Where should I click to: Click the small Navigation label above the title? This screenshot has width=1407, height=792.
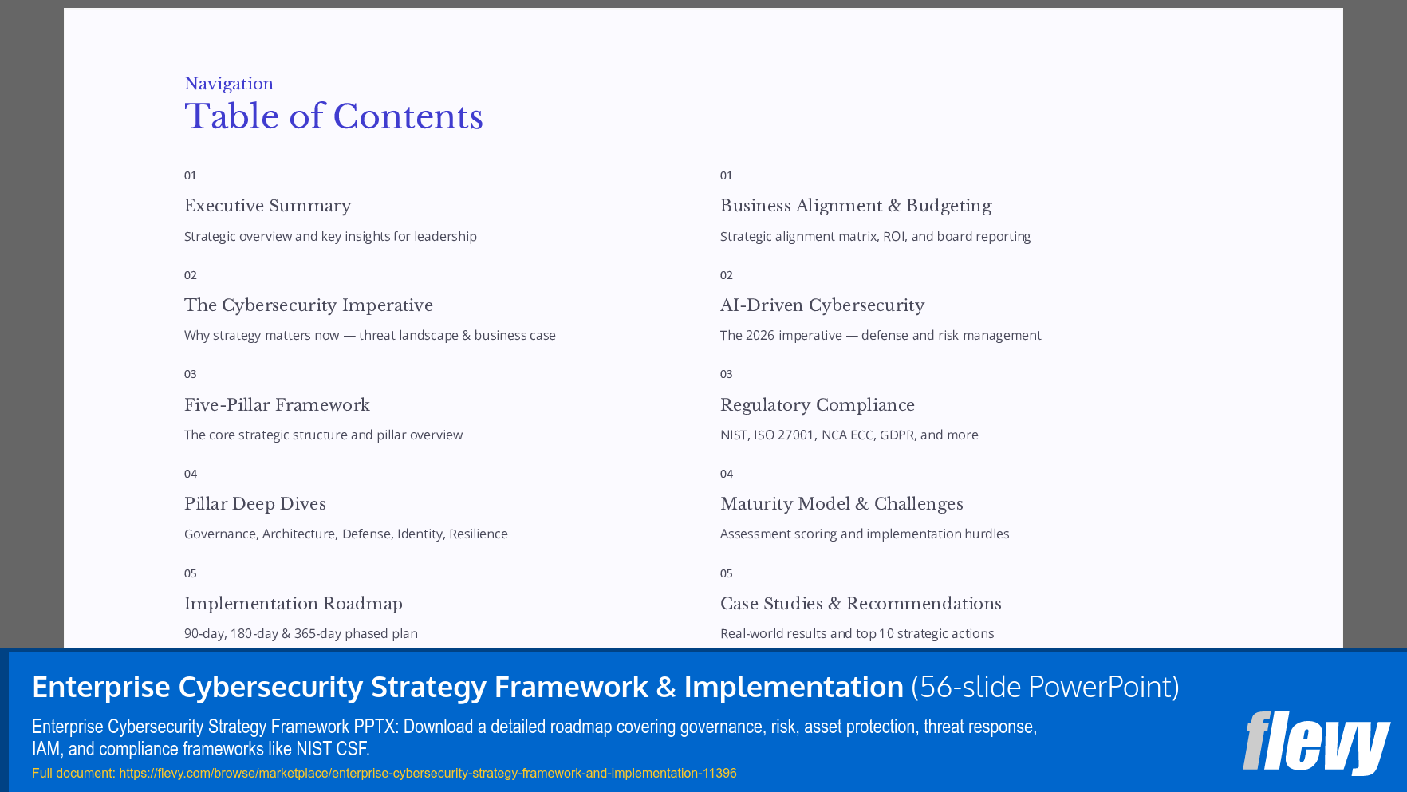[x=229, y=84]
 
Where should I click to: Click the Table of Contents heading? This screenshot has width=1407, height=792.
[x=333, y=117]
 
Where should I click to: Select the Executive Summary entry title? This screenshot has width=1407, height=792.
[x=267, y=206]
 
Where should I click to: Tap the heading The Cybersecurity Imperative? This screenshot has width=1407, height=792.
[x=308, y=305]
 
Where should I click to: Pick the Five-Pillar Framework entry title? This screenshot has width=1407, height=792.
[x=277, y=405]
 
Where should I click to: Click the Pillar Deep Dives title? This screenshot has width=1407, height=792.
[x=254, y=504]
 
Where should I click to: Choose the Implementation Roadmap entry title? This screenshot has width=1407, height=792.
[x=293, y=604]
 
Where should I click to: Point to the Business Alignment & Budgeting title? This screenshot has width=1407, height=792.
[x=855, y=206]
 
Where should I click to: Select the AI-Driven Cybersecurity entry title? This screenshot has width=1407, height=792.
[x=822, y=305]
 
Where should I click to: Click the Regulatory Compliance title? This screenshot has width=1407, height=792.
[x=817, y=405]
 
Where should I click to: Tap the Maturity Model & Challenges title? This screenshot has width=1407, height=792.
[x=841, y=504]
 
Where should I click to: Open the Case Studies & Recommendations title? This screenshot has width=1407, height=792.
[x=860, y=604]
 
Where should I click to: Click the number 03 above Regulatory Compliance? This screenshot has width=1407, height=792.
[x=726, y=374]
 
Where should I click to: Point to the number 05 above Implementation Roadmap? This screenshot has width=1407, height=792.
[x=190, y=573]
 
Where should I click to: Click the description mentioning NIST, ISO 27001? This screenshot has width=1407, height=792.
[x=849, y=435]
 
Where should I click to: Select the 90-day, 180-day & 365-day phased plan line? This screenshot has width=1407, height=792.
[x=301, y=633]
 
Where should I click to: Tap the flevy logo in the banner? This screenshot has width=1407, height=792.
[x=1315, y=743]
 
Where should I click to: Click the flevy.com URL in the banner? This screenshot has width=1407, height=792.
[x=428, y=773]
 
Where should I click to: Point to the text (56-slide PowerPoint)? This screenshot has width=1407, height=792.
[x=1045, y=687]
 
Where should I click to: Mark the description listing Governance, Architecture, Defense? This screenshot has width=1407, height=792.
[x=345, y=534]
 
